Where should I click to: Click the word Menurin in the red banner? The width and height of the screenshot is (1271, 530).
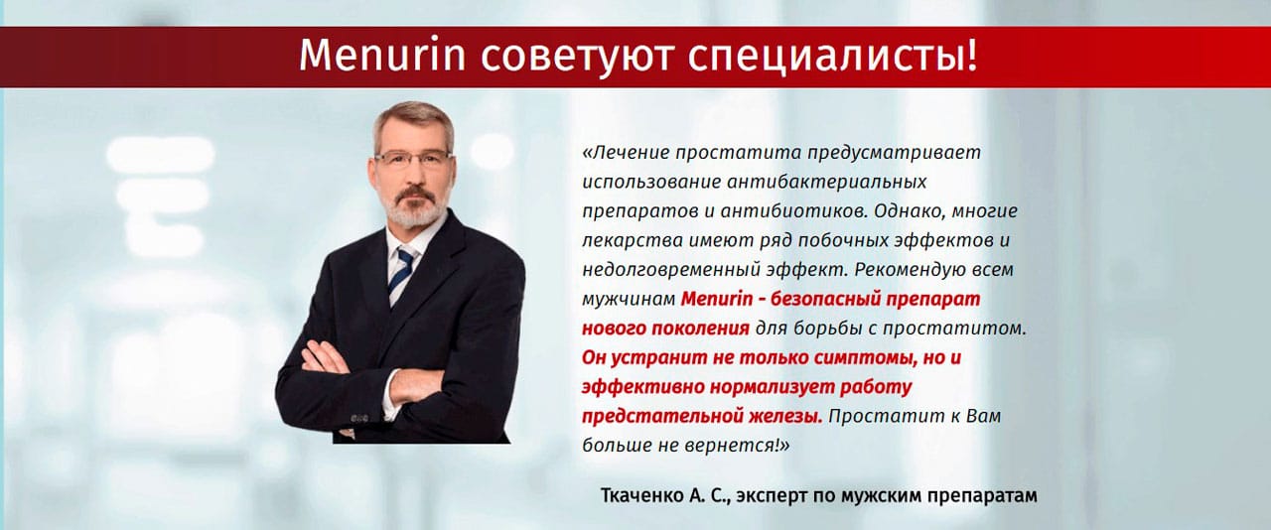pos(382,55)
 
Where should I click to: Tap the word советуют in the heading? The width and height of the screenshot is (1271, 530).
pos(578,57)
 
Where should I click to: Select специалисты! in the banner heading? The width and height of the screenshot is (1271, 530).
pos(833,57)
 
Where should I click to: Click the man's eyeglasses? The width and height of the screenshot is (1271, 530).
pos(412,159)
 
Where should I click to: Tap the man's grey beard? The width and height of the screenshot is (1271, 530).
pos(413,208)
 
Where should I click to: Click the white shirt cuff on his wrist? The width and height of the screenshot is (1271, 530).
pos(390,395)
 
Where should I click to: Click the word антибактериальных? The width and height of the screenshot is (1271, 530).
pos(827,182)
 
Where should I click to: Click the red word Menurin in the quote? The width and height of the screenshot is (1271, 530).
pos(717,299)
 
